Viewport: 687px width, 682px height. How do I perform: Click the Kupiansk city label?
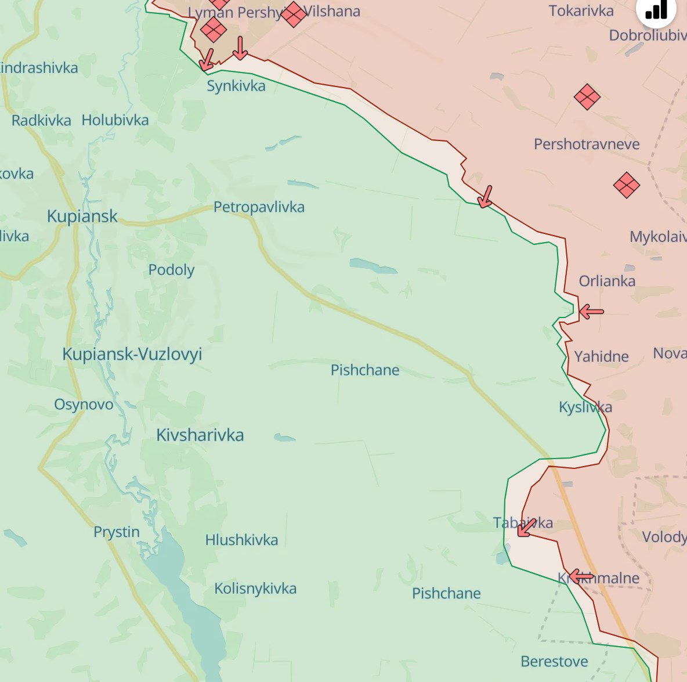(82, 216)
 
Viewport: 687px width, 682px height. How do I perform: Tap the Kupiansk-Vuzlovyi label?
(132, 354)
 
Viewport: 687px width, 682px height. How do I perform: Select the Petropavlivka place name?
(259, 207)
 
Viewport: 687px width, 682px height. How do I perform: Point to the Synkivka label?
(236, 86)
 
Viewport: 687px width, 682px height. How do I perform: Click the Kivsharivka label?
(200, 435)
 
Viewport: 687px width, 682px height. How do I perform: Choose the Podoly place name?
(171, 270)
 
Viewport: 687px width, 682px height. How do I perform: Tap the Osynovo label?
(84, 404)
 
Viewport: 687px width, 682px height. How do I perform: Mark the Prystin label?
(117, 532)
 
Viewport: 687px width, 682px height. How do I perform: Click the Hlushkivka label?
(241, 540)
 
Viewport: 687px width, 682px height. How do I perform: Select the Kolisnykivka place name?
(255, 589)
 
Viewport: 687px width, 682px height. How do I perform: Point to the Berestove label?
(554, 661)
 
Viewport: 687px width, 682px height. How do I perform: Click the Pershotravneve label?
(587, 144)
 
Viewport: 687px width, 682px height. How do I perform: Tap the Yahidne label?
(601, 356)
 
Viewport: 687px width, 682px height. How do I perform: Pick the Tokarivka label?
(581, 10)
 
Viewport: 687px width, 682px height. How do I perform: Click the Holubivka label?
(115, 120)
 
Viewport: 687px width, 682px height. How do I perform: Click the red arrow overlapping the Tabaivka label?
(526, 528)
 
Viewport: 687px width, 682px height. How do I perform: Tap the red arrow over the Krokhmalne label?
(580, 576)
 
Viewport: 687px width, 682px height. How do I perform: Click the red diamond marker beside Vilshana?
(293, 14)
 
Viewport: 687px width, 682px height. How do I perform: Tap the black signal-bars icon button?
(656, 10)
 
